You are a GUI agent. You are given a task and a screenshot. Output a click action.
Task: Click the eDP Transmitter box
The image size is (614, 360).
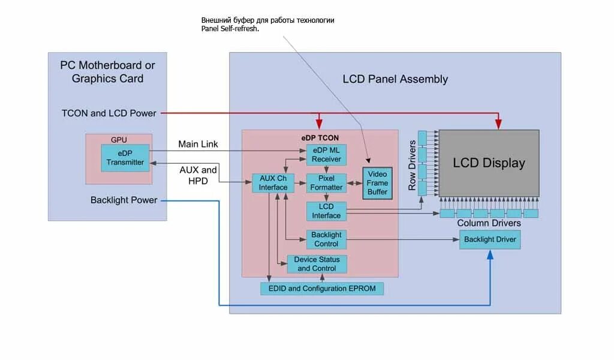pyautogui.click(x=125, y=158)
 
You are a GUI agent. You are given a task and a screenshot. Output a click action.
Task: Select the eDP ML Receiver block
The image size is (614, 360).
pyautogui.click(x=326, y=155)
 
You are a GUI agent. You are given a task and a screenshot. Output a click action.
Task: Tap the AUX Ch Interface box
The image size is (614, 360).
pyautogui.click(x=273, y=183)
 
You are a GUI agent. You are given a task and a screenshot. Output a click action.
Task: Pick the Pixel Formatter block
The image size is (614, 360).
pyautogui.click(x=326, y=183)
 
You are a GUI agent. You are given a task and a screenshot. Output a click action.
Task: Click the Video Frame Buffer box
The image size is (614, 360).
pyautogui.click(x=378, y=184)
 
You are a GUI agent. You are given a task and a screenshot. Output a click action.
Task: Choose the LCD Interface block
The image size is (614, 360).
pyautogui.click(x=326, y=211)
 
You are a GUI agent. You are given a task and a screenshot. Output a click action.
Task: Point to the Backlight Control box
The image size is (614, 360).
pyautogui.click(x=326, y=239)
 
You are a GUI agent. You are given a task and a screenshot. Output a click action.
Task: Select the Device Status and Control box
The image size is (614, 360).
pyautogui.click(x=317, y=264)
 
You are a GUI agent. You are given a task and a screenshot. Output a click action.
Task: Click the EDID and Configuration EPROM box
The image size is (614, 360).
pyautogui.click(x=322, y=289)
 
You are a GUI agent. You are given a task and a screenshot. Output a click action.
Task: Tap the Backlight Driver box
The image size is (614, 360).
pyautogui.click(x=490, y=239)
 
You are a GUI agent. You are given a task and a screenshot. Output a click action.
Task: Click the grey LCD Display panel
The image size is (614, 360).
pyautogui.click(x=489, y=163)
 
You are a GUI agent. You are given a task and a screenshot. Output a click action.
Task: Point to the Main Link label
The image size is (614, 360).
pyautogui.click(x=198, y=144)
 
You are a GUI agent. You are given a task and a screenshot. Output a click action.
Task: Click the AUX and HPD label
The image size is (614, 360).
pyautogui.click(x=198, y=175)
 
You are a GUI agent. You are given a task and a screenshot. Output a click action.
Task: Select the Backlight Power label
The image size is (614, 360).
pyautogui.click(x=124, y=200)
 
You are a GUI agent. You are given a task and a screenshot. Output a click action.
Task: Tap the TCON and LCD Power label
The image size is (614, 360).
pyautogui.click(x=109, y=113)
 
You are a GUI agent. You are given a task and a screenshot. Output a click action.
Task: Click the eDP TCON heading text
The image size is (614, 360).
pyautogui.click(x=320, y=138)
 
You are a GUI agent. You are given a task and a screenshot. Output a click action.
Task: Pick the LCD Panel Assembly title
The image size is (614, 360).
pyautogui.click(x=395, y=79)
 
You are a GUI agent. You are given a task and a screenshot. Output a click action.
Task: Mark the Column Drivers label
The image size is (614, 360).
pyautogui.click(x=489, y=223)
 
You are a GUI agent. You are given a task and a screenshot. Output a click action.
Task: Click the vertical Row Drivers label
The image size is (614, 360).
pyautogui.click(x=412, y=166)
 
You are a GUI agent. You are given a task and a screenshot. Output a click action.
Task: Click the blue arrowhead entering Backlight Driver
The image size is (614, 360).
pyautogui.click(x=490, y=254)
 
